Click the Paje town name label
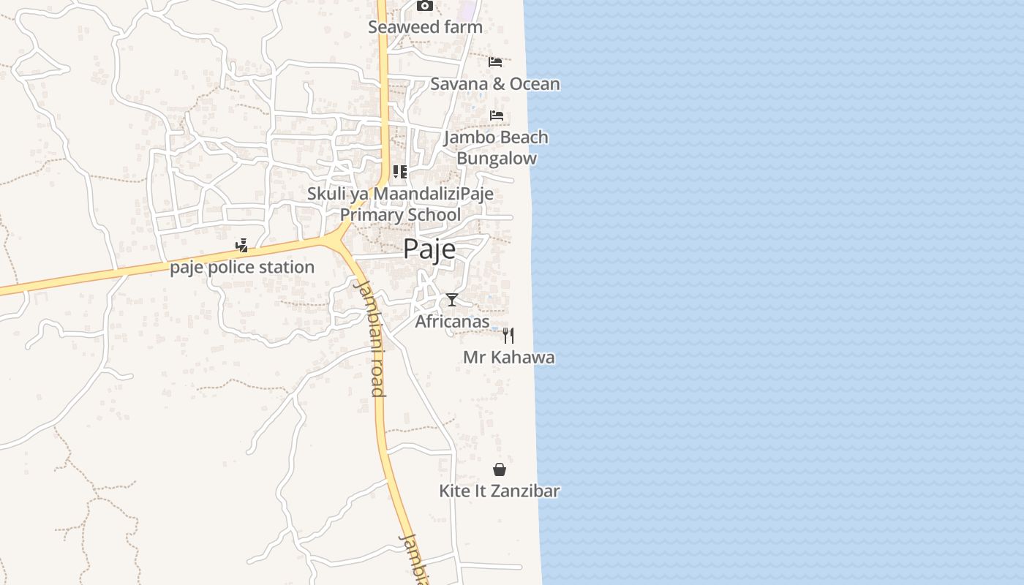[x=429, y=249]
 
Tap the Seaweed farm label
[x=425, y=28]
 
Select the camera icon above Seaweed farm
[x=424, y=6]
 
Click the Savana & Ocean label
[x=494, y=84]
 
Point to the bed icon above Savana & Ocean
[x=495, y=61]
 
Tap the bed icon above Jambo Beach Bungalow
[x=497, y=116]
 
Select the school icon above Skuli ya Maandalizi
[x=400, y=172]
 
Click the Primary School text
[x=400, y=215]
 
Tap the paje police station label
[x=242, y=268]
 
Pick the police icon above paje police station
[x=242, y=246]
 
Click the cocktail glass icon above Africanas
[x=452, y=300]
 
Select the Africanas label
[x=452, y=322]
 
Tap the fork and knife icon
[x=508, y=336]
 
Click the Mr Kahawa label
[x=508, y=358]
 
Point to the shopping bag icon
[x=500, y=469]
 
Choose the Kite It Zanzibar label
[x=500, y=491]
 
